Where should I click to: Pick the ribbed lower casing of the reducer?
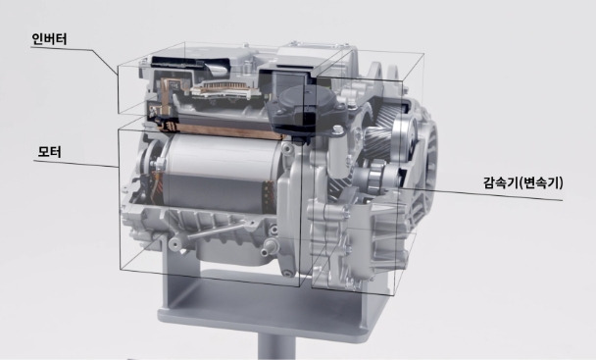(x=343, y=245)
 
